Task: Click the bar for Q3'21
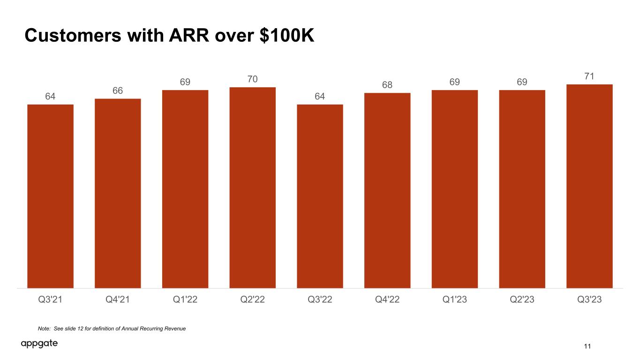point(50,196)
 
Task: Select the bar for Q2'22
point(253,187)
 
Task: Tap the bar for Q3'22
point(320,196)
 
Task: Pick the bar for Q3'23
point(589,186)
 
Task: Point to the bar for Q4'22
point(387,191)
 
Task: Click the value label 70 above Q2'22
point(253,79)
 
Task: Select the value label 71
point(589,76)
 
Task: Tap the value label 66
point(118,90)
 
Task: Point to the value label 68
point(387,85)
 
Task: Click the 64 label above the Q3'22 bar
point(320,96)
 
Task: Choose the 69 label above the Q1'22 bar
point(185,82)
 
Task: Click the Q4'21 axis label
point(118,300)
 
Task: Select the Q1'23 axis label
point(455,300)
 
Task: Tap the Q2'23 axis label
point(522,300)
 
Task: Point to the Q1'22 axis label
point(185,300)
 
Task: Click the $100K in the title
point(287,36)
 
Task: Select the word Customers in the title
point(73,36)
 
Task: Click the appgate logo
point(39,344)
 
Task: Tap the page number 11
point(587,346)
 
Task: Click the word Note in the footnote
point(44,329)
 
